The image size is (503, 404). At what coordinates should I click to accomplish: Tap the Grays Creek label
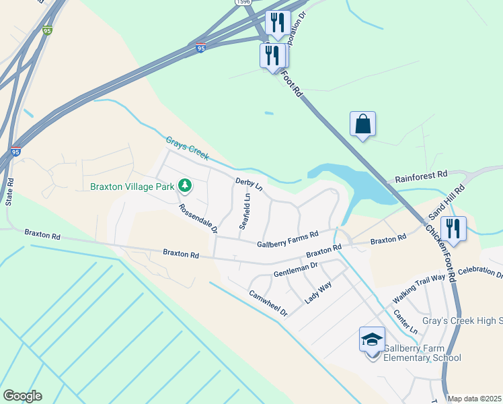[x=188, y=148]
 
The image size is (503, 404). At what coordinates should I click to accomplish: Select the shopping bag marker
[x=362, y=125]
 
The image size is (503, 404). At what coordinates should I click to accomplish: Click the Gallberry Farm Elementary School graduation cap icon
[x=372, y=341]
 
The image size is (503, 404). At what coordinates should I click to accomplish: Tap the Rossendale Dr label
[x=198, y=219]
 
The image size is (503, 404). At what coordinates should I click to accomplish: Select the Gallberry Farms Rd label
[x=287, y=238]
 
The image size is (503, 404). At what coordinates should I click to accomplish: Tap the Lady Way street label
[x=319, y=292]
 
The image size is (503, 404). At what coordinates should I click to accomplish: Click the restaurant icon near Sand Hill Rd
[x=454, y=229]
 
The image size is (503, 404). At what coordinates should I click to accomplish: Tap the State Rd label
[x=9, y=192]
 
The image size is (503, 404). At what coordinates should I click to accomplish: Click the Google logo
[x=22, y=396]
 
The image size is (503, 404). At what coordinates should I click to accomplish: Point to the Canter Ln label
[x=405, y=322]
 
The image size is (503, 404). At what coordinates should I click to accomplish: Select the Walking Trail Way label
[x=419, y=288]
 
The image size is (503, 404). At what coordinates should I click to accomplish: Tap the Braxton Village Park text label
[x=132, y=185]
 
